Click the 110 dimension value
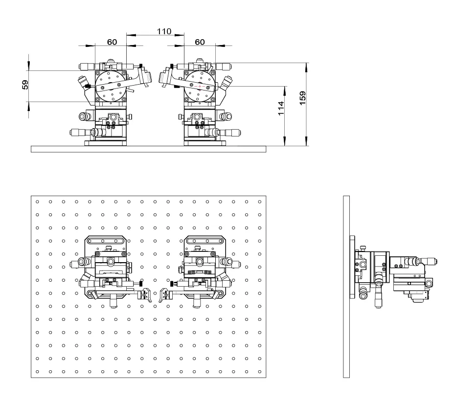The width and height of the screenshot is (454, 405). (164, 31)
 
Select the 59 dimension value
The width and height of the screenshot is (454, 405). (25, 85)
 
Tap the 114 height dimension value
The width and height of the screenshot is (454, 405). (281, 109)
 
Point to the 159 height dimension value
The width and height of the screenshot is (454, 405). (302, 98)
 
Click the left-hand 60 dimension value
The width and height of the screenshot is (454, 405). (112, 42)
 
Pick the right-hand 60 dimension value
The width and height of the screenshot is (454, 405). (200, 42)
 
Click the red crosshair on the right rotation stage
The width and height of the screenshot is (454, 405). (200, 86)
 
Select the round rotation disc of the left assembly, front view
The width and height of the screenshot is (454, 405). (111, 86)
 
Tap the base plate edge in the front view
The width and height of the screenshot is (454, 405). (149, 149)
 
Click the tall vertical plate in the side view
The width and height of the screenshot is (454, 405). (346, 287)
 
